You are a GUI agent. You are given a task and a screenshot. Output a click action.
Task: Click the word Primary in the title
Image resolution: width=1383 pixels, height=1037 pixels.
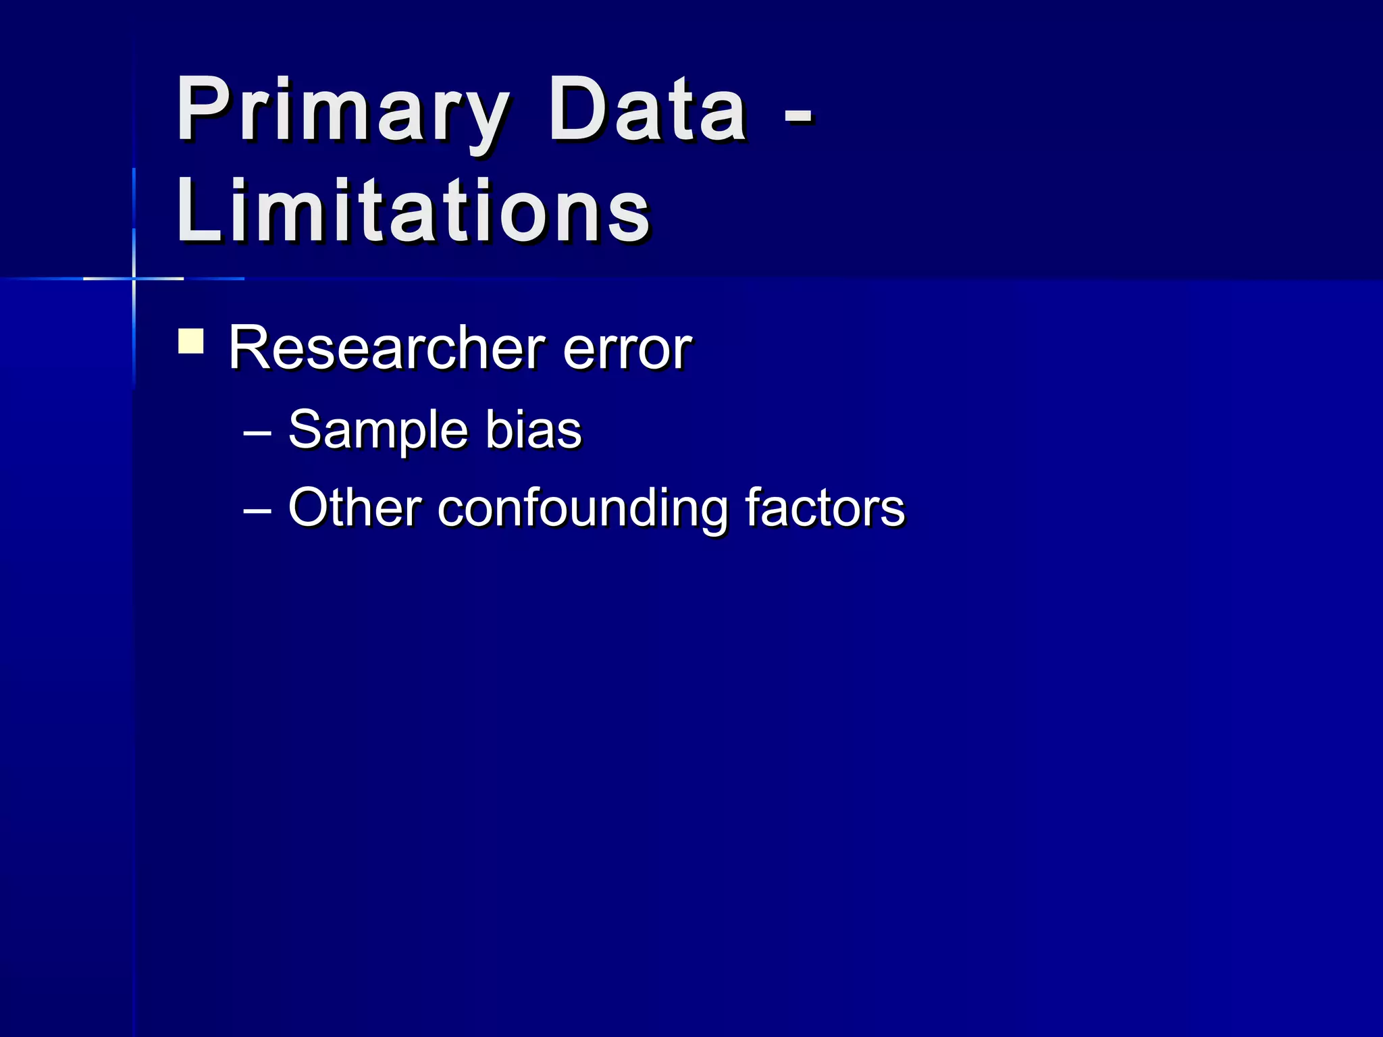click(x=342, y=111)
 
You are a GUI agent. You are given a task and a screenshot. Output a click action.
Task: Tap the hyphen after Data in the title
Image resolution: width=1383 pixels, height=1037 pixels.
click(x=799, y=122)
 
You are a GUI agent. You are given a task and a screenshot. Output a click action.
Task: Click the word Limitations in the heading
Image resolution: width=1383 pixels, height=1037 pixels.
click(x=413, y=211)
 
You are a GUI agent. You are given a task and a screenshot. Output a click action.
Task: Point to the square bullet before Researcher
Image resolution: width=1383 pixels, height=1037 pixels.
click(x=191, y=341)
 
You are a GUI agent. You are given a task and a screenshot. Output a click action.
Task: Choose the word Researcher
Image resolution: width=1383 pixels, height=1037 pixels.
click(x=386, y=348)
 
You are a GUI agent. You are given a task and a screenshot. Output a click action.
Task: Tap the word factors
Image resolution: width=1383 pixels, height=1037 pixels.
click(x=825, y=508)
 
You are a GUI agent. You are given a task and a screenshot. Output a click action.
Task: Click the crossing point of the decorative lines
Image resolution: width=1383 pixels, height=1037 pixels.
click(x=134, y=278)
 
